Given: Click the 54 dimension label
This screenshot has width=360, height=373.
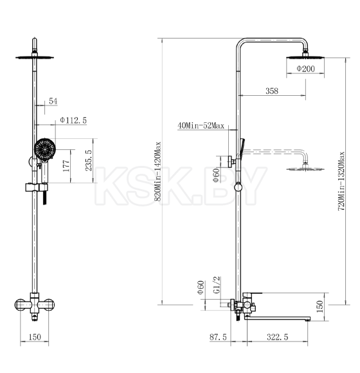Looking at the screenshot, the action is (x=53, y=101).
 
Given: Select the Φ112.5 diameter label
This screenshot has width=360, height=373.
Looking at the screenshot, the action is (x=73, y=120).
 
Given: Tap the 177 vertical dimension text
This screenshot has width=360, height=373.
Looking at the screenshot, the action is (x=67, y=166).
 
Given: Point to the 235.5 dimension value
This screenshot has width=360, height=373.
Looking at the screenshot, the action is (x=89, y=160).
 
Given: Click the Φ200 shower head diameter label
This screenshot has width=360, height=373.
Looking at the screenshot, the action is (x=305, y=69).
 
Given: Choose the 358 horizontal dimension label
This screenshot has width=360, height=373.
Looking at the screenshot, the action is (x=272, y=91).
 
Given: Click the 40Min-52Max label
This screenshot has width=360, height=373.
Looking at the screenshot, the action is (x=201, y=125).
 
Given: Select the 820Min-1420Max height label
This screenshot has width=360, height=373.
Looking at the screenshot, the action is (x=157, y=172).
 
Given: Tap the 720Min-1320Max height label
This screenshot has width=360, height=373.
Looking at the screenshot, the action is (x=341, y=181).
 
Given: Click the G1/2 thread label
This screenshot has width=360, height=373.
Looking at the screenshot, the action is (x=217, y=285).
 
